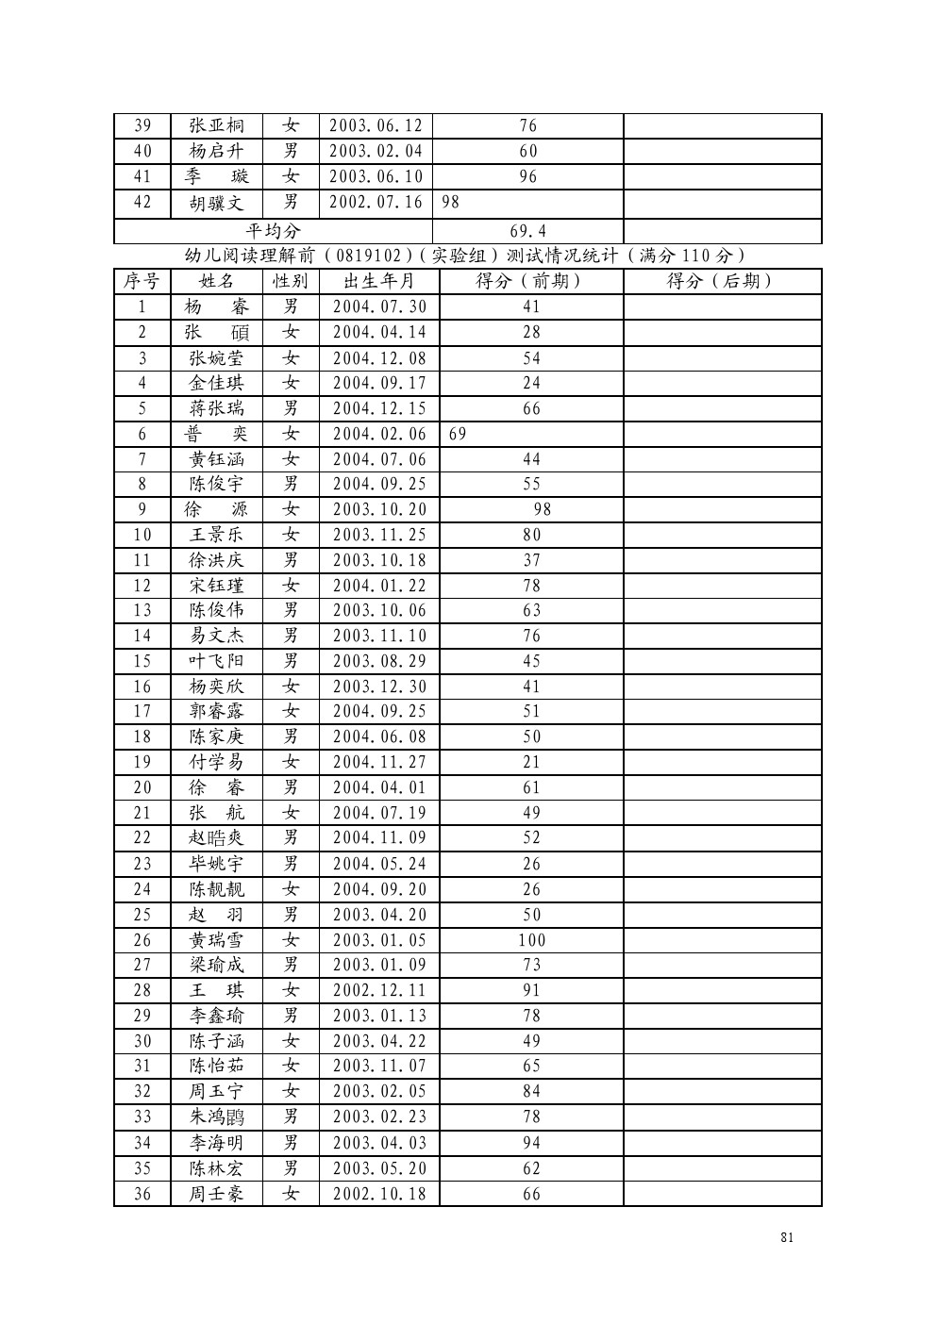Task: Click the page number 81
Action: pos(787,1237)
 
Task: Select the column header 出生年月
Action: pos(378,281)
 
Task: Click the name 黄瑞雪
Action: pos(216,940)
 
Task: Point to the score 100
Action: pos(531,940)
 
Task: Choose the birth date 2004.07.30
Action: pos(379,306)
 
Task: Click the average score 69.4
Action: pos(528,231)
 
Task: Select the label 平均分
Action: pos(274,231)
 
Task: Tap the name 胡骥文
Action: pos(216,203)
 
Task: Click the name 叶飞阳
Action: pos(216,661)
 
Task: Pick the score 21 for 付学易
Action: pos(531,762)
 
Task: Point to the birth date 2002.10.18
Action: pos(379,1194)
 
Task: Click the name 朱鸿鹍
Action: pos(216,1117)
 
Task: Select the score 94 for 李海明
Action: pos(531,1143)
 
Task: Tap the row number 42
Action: pos(142,203)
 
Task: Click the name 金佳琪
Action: pos(216,383)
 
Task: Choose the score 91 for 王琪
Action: pos(531,990)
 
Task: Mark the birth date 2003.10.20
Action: pos(379,509)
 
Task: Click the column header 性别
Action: pos(291,281)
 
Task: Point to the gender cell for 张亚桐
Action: pos(291,125)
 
